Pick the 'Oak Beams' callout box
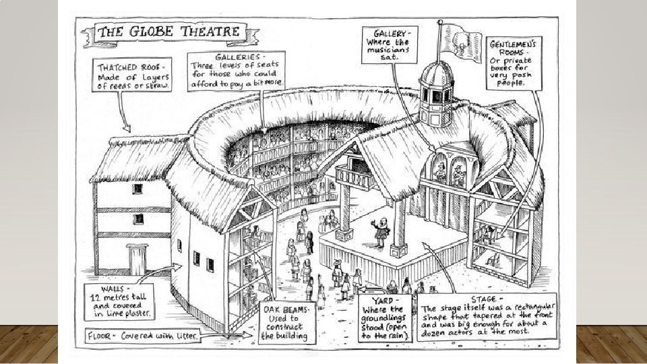coord(286,322)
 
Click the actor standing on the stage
coord(375,232)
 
